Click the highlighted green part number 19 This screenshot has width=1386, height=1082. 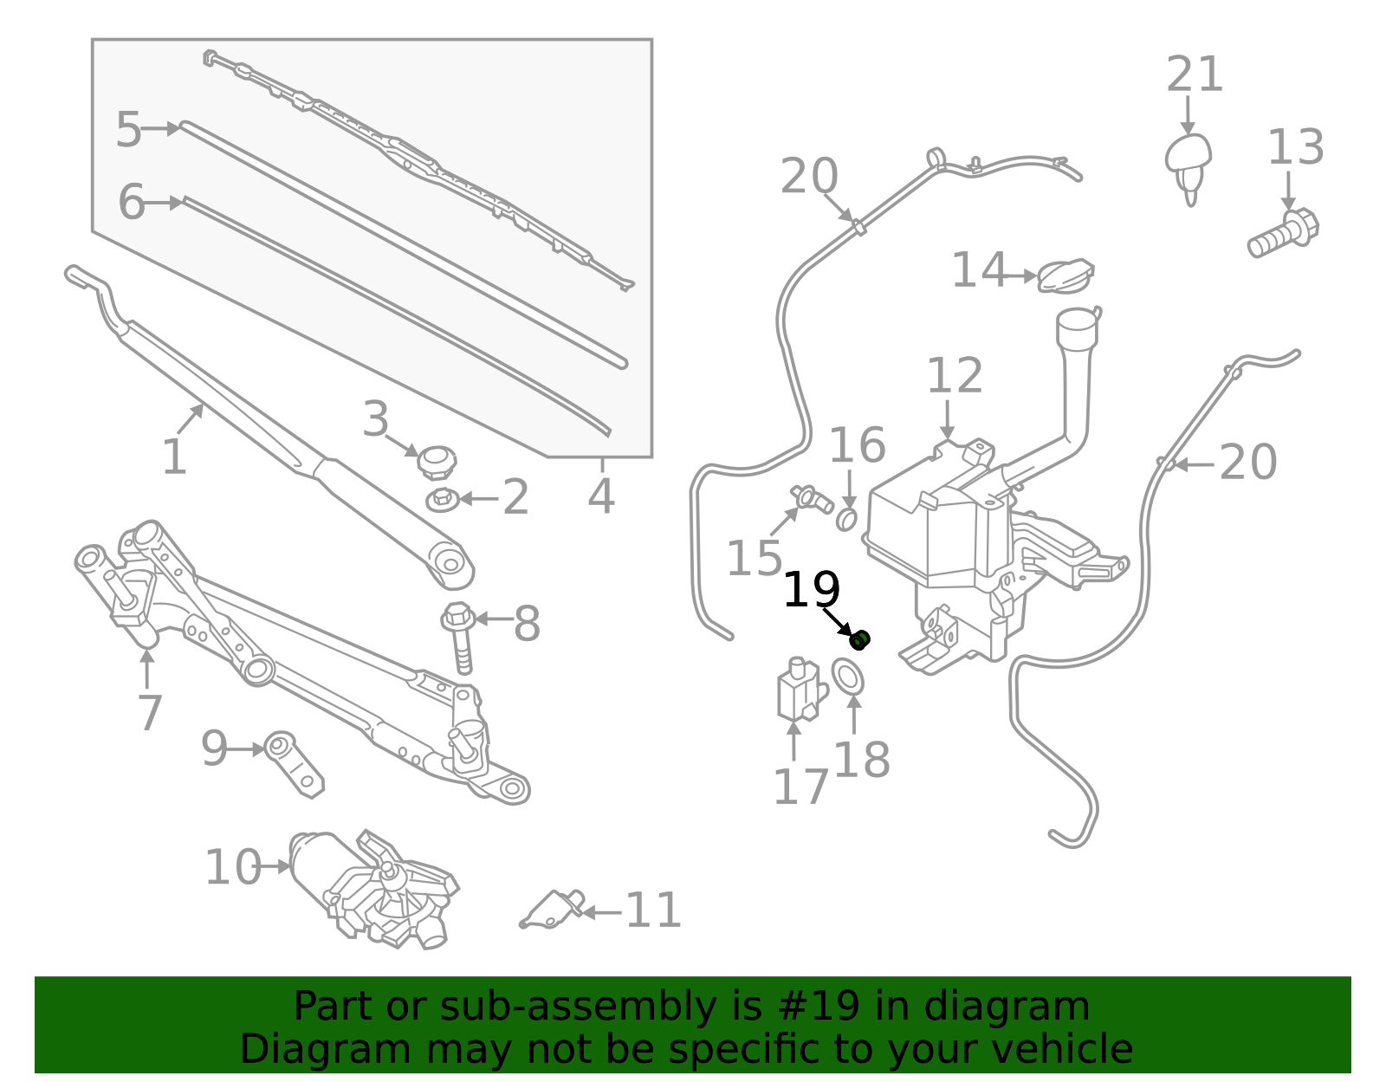point(860,640)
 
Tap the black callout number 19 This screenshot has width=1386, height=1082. point(811,592)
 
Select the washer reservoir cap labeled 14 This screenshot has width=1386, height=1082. point(1065,276)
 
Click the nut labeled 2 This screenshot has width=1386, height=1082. point(443,500)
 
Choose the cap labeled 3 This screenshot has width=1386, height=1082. point(437,461)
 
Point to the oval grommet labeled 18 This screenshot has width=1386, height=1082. point(848,677)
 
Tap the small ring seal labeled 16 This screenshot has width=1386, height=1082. point(846,520)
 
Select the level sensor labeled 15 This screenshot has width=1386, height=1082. point(812,499)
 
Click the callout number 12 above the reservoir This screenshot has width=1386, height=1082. point(955,376)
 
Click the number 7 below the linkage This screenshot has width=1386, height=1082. point(150,713)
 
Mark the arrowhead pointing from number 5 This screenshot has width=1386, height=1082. point(173,128)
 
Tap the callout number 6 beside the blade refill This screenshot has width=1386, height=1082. point(132,202)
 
